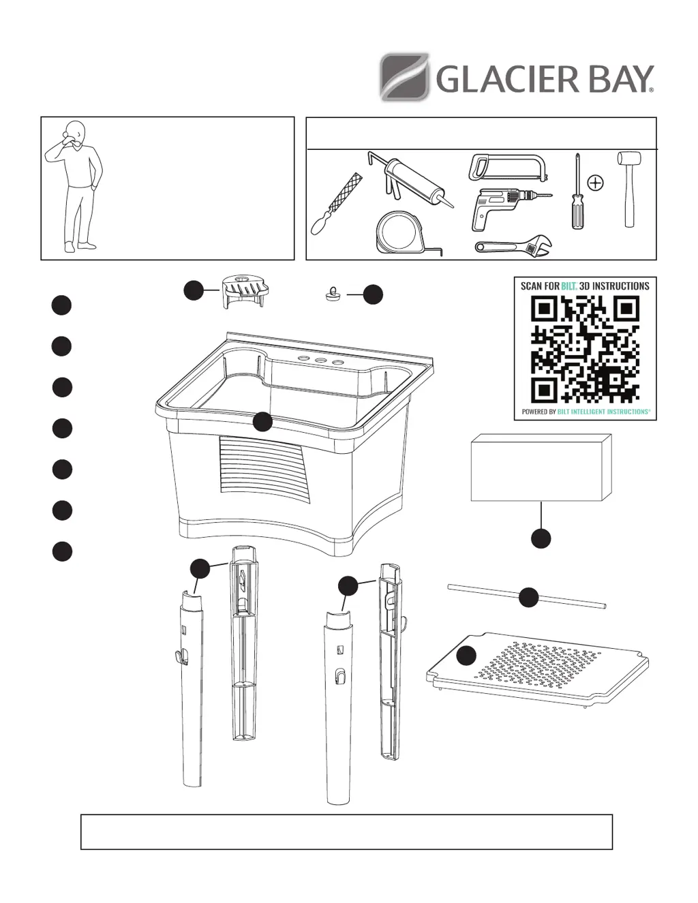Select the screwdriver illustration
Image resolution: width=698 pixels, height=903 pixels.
point(577,194)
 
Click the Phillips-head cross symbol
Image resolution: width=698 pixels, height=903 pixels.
point(595,183)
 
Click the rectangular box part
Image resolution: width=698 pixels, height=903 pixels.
point(541,468)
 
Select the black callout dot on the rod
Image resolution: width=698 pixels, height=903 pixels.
point(528,598)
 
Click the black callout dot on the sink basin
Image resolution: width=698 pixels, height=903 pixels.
point(263,423)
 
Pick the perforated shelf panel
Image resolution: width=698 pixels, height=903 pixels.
point(545,668)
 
